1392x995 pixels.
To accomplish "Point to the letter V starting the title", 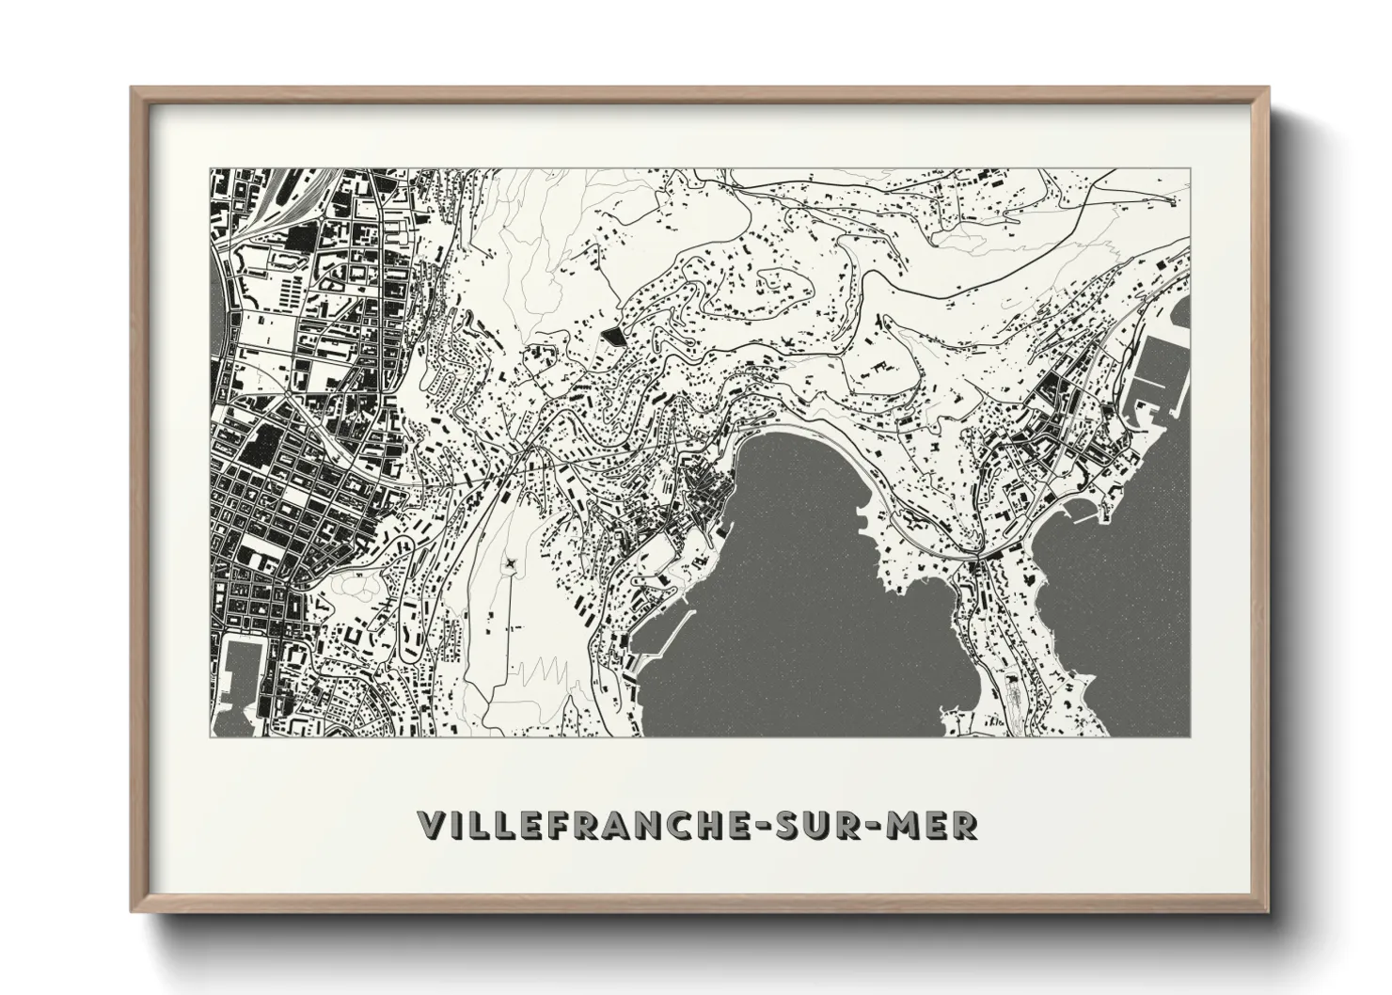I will click(429, 825).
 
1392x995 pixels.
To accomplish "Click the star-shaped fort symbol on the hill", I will click(509, 563).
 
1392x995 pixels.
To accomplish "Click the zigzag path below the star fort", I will click(541, 669).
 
